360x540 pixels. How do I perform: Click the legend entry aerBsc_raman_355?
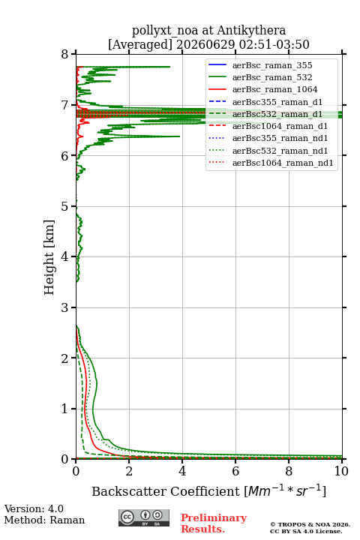[272, 65]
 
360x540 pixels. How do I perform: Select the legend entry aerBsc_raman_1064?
[274, 89]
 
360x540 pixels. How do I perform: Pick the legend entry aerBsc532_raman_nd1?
[280, 151]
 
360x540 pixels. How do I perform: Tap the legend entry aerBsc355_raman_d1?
[277, 102]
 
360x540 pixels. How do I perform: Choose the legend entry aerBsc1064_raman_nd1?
[283, 163]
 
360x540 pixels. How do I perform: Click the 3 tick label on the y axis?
[65, 307]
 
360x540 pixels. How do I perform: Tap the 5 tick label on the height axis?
[65, 206]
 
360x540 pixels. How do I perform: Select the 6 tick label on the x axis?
[235, 471]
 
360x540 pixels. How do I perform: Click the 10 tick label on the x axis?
[341, 471]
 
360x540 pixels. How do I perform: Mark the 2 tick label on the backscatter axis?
[129, 471]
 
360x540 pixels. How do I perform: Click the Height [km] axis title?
[49, 257]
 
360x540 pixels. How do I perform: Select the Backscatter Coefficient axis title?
[208, 491]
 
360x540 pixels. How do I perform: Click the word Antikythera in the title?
[251, 30]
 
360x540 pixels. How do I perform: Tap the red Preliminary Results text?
[214, 523]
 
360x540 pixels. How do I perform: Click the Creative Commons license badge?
[144, 518]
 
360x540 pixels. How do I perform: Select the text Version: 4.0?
[34, 508]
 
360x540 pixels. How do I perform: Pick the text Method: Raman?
[44, 520]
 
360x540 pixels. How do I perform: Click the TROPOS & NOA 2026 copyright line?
[310, 524]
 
